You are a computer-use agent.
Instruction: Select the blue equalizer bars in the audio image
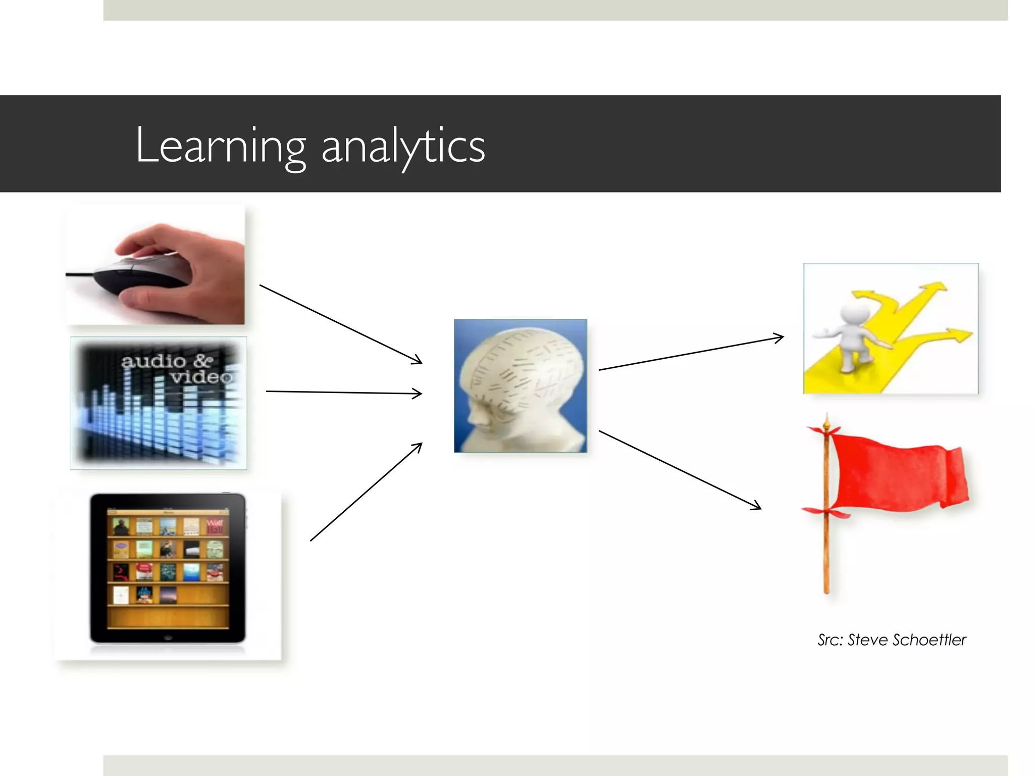157,424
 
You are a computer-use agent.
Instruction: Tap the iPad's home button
168,638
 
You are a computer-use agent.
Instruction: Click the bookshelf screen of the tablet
168,568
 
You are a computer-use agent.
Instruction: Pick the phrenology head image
520,385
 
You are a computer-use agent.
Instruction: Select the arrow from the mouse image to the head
341,324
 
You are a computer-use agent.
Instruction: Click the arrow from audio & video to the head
343,393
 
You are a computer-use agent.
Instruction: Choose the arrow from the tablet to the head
366,492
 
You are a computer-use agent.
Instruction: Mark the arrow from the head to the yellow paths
691,354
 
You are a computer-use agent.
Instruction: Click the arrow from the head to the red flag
679,470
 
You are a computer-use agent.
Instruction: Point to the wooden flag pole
826,556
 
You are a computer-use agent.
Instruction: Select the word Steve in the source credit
867,640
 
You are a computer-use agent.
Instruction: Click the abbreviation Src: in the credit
830,640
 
